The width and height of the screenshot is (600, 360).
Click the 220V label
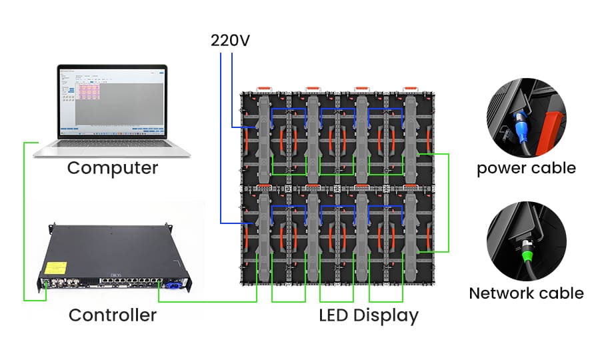pos(230,40)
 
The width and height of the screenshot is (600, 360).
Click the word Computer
pos(113,167)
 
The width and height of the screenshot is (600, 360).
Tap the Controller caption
pos(113,315)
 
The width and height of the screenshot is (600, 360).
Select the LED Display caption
pos(369,315)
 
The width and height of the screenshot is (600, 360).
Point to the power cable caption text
pos(526,167)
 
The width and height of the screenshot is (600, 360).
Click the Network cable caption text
pos(526,293)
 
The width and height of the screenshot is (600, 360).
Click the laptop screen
pos(112,100)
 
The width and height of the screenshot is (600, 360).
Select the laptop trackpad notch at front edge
pos(112,141)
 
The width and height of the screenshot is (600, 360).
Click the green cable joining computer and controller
pos(24,220)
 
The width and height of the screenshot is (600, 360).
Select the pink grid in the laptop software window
pos(89,92)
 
